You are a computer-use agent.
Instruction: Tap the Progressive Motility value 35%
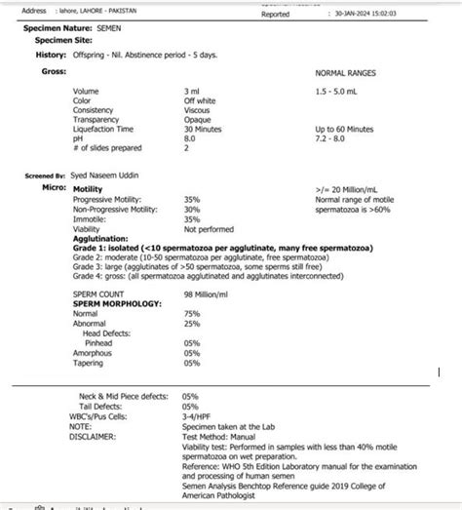191,199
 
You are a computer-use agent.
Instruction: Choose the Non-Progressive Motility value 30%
191,209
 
